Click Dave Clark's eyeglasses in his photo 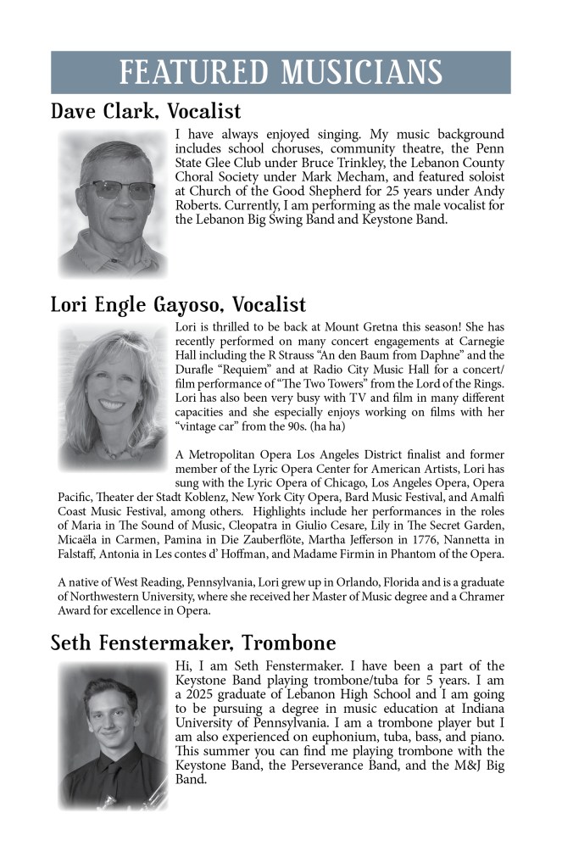coord(114,191)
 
